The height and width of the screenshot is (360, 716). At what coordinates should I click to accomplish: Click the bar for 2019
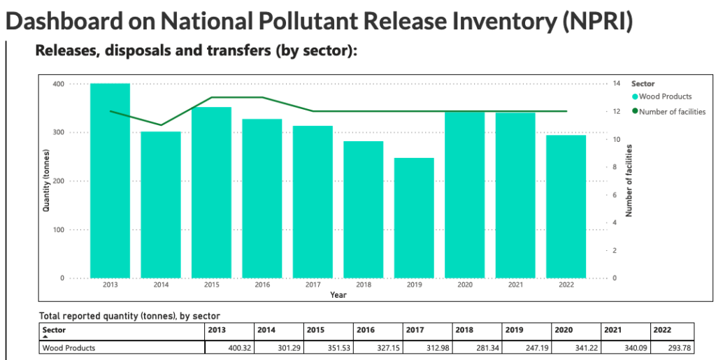pos(414,217)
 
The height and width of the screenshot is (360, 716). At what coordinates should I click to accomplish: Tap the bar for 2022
pos(566,206)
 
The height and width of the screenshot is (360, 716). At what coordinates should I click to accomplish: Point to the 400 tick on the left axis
pos(58,84)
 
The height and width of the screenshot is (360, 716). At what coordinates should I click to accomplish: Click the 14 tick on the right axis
pos(616,84)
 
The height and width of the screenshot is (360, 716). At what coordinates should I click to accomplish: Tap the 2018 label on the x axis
pos(364,285)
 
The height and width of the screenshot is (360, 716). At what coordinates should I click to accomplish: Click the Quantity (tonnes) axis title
pos(47,180)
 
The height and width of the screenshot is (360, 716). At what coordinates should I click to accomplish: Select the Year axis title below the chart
pos(338,295)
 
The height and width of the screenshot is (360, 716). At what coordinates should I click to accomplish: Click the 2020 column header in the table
pos(563,329)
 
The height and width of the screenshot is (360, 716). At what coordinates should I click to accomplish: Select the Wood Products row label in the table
pos(69,347)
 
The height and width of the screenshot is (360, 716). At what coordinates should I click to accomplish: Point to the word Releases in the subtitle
pos(64,51)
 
